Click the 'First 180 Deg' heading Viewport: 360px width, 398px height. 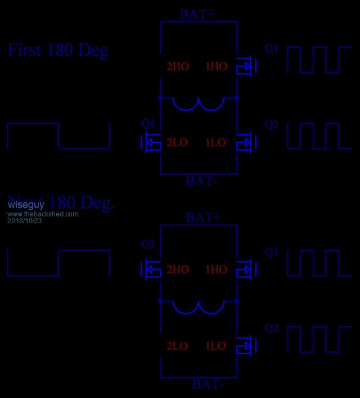[x=57, y=50]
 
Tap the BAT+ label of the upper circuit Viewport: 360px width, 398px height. [x=197, y=15]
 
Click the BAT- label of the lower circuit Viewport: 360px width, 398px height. [x=208, y=385]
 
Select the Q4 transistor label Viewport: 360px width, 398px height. [x=148, y=123]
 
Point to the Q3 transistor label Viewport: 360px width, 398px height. [x=148, y=245]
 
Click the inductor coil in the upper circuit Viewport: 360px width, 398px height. [x=199, y=103]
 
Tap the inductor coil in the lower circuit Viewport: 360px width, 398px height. [x=199, y=307]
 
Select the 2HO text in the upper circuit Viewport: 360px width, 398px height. [x=178, y=66]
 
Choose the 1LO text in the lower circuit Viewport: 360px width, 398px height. [x=216, y=346]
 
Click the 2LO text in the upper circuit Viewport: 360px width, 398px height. [x=177, y=143]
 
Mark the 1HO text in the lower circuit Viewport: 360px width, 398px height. [x=216, y=270]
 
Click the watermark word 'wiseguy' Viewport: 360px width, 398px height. [x=26, y=205]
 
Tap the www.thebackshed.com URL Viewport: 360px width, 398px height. [x=43, y=214]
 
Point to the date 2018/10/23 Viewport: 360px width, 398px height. [x=24, y=221]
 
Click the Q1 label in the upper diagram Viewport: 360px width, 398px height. [x=272, y=49]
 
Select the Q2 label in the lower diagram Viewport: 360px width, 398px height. [x=272, y=328]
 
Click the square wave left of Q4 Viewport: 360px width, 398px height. [x=58, y=136]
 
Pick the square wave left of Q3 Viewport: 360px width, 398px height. [x=58, y=263]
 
